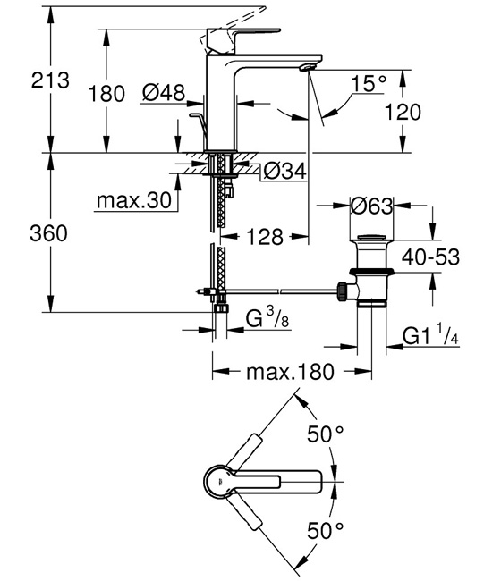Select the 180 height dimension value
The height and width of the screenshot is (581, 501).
(107, 92)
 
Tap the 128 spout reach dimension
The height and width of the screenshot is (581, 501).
(264, 237)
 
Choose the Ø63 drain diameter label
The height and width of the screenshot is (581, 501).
(369, 206)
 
